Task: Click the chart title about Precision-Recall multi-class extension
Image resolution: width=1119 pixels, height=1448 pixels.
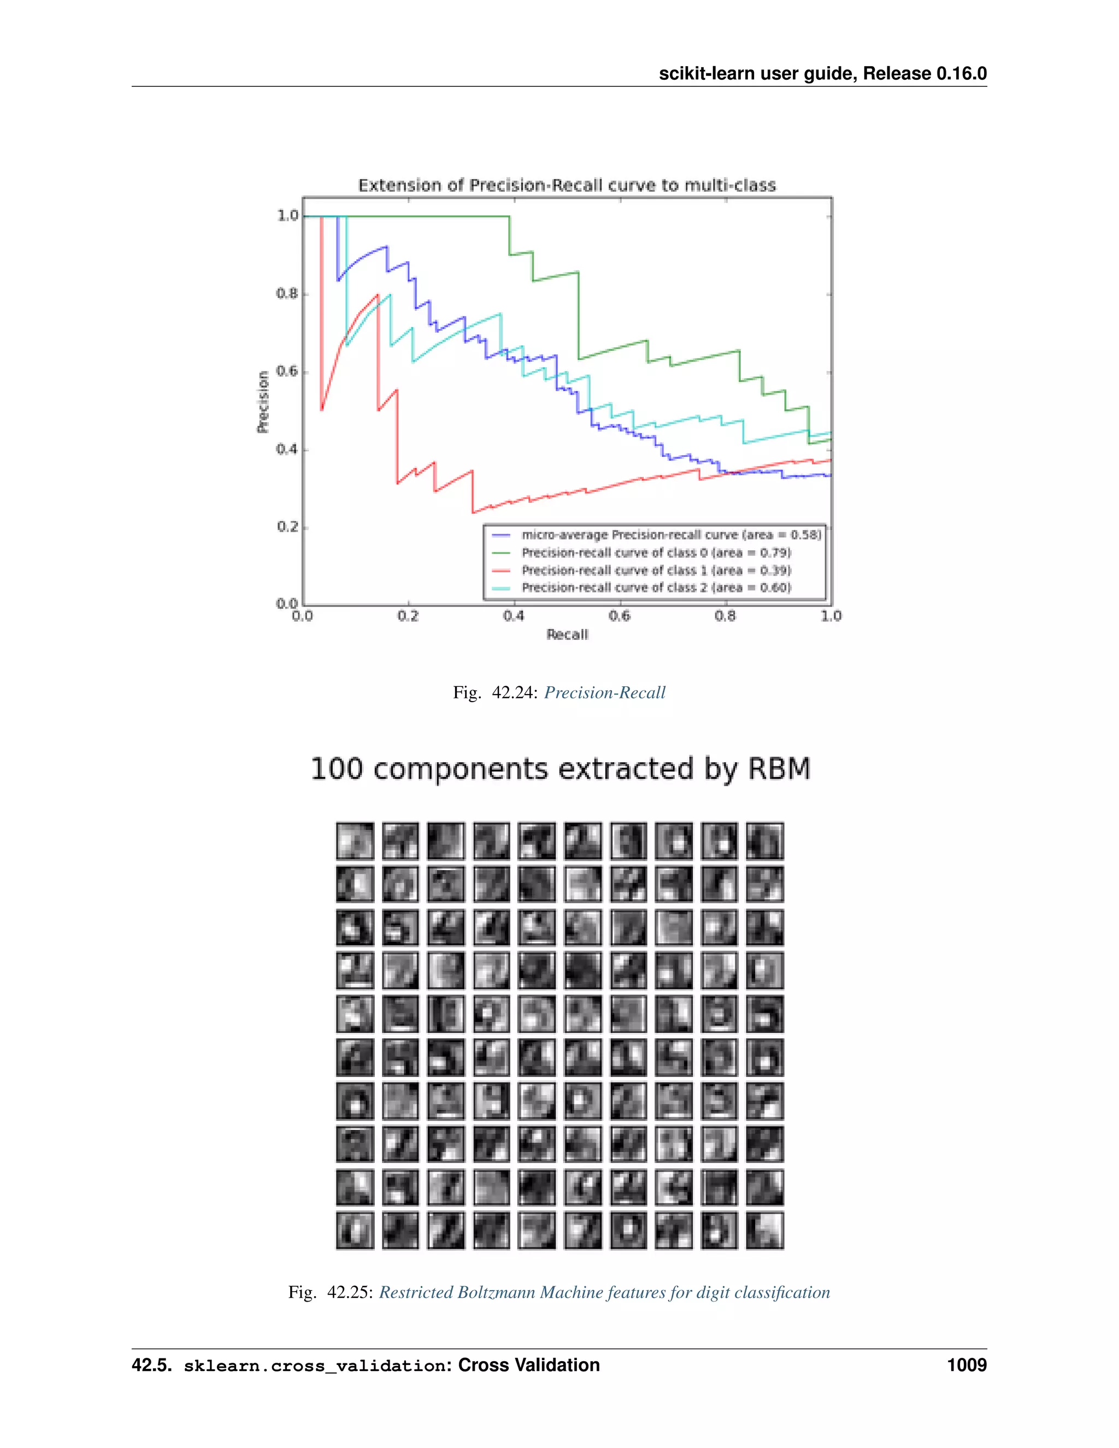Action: point(567,185)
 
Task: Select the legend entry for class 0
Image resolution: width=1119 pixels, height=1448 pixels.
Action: point(656,553)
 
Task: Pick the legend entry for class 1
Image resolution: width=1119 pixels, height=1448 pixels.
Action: point(656,570)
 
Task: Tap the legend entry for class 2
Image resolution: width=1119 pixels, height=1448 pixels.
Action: point(656,587)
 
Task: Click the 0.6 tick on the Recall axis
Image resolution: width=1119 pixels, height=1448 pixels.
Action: point(619,616)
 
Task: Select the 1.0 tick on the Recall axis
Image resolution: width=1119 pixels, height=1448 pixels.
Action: point(831,616)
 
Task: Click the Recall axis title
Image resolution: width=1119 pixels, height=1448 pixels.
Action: point(567,635)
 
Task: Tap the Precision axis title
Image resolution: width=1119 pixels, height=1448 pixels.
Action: point(263,402)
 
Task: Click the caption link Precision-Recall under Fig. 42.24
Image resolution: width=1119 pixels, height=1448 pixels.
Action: point(605,693)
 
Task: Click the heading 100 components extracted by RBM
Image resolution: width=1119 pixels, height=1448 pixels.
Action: point(560,769)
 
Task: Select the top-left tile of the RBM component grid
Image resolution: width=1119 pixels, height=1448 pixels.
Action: point(355,841)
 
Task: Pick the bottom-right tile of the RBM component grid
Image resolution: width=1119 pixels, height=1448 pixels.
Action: point(764,1231)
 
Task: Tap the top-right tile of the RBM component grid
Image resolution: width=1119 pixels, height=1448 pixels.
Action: point(764,841)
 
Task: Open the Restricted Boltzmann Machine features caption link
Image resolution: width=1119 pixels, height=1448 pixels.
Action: point(604,1292)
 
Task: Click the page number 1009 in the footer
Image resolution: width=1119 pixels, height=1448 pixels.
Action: point(967,1365)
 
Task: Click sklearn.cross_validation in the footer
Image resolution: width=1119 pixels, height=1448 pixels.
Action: point(314,1366)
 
